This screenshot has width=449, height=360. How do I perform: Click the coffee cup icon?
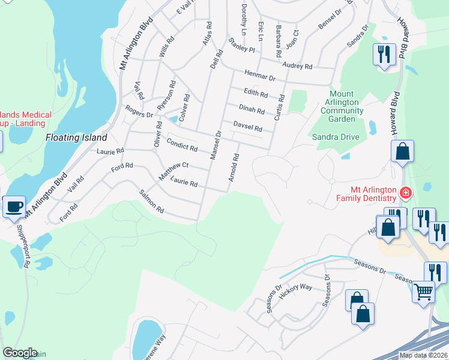(x=14, y=207)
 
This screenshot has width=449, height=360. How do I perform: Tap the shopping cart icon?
(x=424, y=292)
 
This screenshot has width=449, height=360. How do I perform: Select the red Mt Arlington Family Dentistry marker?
(x=406, y=193)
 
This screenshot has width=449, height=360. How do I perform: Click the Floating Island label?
(x=71, y=137)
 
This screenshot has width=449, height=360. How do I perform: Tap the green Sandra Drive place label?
(x=335, y=137)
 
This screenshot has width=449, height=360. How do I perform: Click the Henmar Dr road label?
(x=259, y=76)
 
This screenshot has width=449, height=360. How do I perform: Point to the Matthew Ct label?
(x=173, y=170)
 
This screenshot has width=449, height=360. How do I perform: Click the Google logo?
(x=20, y=353)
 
